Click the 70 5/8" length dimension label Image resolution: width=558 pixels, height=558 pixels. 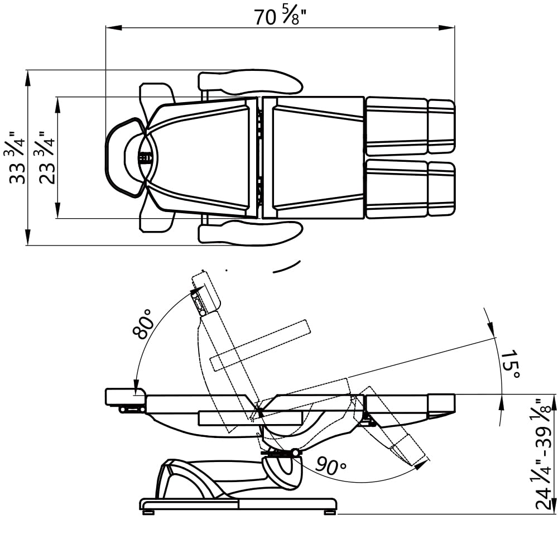click(x=281, y=17)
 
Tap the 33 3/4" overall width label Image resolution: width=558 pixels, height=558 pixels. click(x=17, y=157)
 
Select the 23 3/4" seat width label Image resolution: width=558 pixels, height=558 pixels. click(x=47, y=157)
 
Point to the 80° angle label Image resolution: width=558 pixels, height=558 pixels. click(x=143, y=324)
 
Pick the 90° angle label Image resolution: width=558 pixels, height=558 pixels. click(x=330, y=465)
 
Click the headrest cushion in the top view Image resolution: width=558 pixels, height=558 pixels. click(x=126, y=157)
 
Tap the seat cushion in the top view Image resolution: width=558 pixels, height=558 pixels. click(x=313, y=157)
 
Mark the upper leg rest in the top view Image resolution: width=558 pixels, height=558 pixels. click(x=411, y=126)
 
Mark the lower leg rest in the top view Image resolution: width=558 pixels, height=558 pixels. click(x=411, y=189)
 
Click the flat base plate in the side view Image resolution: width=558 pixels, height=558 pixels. click(x=238, y=504)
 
